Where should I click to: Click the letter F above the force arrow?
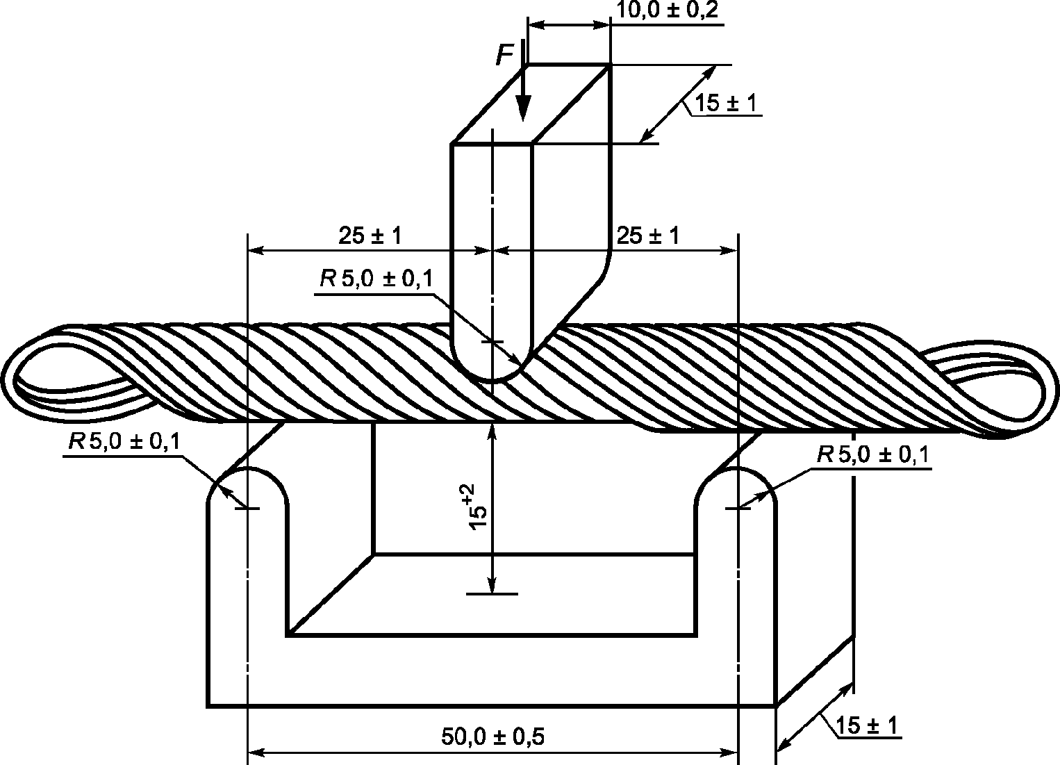[505, 55]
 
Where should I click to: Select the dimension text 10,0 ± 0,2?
[668, 10]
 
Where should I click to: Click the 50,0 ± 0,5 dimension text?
[492, 737]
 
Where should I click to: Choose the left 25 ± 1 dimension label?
[370, 236]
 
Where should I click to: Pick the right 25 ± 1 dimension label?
[648, 236]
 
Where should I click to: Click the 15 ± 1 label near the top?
[726, 103]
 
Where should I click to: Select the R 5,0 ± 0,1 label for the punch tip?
[376, 279]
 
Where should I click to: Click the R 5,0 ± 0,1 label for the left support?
[124, 442]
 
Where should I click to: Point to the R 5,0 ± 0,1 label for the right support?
[874, 455]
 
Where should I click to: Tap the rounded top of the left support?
[247, 468]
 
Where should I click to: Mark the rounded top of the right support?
[736, 468]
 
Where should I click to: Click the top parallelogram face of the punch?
[529, 104]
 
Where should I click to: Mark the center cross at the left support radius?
[247, 509]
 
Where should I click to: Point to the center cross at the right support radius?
[738, 509]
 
